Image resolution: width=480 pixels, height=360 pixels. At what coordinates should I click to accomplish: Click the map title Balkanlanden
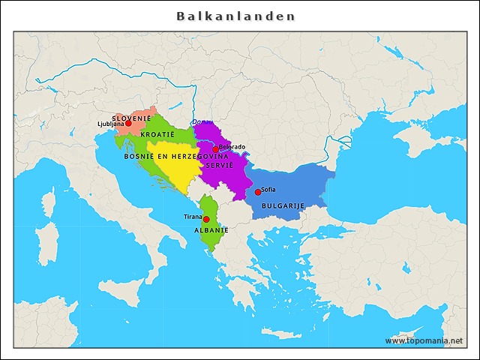(x=235, y=16)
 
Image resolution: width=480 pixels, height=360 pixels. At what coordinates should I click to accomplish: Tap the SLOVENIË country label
(x=131, y=118)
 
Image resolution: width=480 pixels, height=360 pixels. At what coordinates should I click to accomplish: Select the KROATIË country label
(x=157, y=133)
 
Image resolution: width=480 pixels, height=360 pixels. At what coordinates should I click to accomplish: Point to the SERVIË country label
(x=220, y=164)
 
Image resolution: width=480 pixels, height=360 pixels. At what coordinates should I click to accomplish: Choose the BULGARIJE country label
(x=282, y=205)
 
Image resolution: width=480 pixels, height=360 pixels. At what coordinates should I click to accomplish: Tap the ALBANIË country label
(x=211, y=230)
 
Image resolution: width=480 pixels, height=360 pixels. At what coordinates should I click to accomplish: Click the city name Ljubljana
(x=110, y=124)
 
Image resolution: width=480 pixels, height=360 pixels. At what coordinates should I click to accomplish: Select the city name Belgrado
(x=232, y=147)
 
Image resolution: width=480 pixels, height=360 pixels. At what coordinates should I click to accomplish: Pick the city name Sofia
(x=268, y=189)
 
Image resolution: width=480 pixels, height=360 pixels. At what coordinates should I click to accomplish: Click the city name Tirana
(x=193, y=216)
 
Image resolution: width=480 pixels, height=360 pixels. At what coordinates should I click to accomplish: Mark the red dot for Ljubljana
(x=128, y=124)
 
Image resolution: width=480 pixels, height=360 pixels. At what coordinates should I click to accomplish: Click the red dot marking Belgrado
(x=215, y=149)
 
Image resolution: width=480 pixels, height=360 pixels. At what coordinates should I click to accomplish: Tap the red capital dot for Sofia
(x=258, y=192)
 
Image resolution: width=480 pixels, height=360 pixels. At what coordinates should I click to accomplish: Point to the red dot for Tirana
(x=206, y=219)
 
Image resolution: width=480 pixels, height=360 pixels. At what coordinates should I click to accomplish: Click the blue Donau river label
(x=201, y=122)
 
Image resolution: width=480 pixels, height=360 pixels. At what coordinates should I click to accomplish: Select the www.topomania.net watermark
(x=424, y=340)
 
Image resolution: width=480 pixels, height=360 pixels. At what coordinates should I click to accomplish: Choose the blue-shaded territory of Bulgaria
(x=296, y=187)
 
